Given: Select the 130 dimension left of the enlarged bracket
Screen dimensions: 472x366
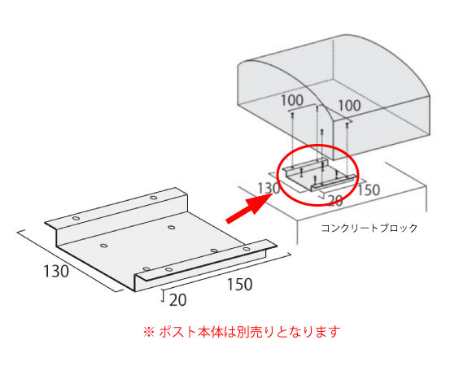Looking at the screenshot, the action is pyautogui.click(x=56, y=271).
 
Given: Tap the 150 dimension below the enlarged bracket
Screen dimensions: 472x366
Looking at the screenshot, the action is pyautogui.click(x=239, y=284).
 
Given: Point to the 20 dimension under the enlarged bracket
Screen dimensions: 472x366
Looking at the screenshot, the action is pyautogui.click(x=178, y=300).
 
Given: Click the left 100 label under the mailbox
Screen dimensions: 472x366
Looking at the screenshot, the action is pyautogui.click(x=292, y=100).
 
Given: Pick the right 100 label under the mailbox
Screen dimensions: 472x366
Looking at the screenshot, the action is pyautogui.click(x=349, y=106).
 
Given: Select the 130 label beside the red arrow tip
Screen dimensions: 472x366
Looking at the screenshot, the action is pyautogui.click(x=269, y=189).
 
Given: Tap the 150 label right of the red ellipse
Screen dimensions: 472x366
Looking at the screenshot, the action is pyautogui.click(x=369, y=190).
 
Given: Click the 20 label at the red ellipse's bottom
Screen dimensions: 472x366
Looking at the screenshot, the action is pyautogui.click(x=334, y=200).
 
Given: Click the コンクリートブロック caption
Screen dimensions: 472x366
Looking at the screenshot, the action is pyautogui.click(x=369, y=228).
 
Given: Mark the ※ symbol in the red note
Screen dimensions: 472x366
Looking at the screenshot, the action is pyautogui.click(x=149, y=332).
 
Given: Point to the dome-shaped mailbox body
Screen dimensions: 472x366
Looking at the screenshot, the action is pyautogui.click(x=334, y=96).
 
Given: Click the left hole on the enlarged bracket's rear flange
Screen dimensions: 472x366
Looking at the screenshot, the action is pyautogui.click(x=76, y=218).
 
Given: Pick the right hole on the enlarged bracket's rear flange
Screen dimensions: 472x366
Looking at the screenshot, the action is pyautogui.click(x=154, y=198).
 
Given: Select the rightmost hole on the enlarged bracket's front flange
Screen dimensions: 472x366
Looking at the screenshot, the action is pyautogui.click(x=247, y=249).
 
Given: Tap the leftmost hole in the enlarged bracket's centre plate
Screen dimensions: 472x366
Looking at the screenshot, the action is pyautogui.click(x=103, y=246).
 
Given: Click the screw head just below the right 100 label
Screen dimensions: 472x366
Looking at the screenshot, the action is pyautogui.click(x=347, y=124).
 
